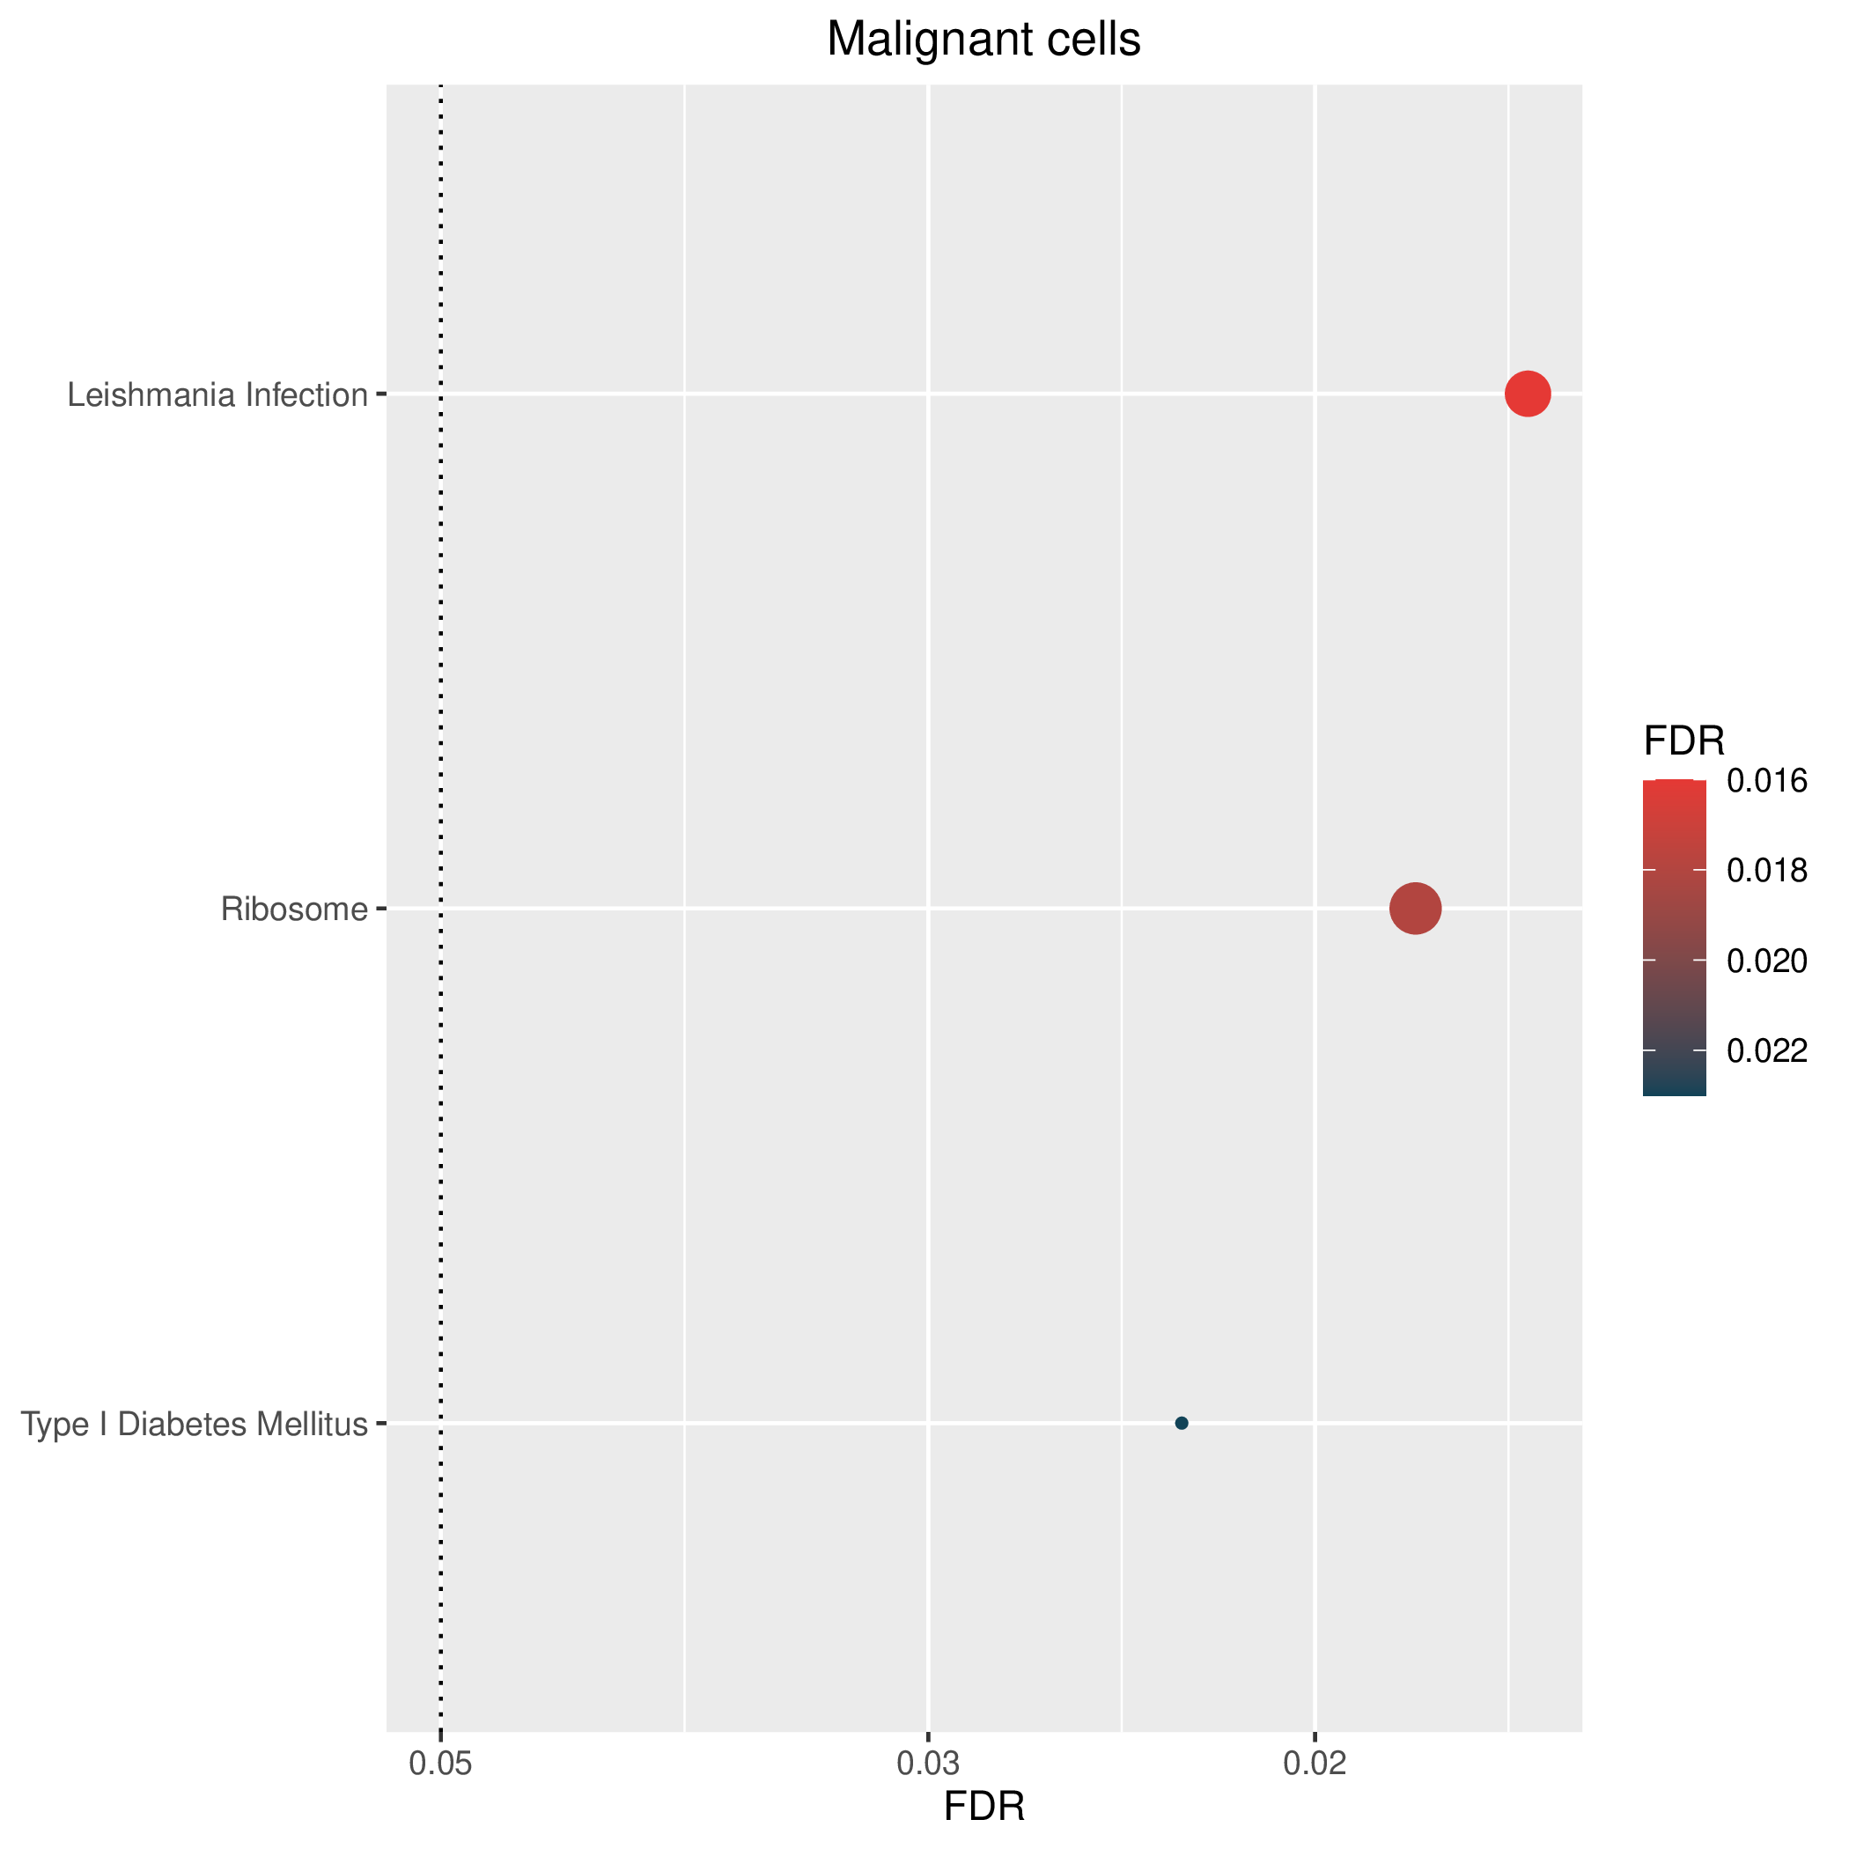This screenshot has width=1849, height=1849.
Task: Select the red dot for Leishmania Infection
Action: pyautogui.click(x=1528, y=394)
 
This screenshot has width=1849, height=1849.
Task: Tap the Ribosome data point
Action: pyautogui.click(x=1416, y=909)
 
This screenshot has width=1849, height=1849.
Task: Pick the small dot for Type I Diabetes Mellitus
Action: pyautogui.click(x=1181, y=1423)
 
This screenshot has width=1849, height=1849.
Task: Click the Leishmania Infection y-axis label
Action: pyautogui.click(x=217, y=394)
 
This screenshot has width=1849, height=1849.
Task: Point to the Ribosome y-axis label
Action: pyautogui.click(x=294, y=910)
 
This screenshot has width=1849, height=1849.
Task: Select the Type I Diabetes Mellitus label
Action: pyautogui.click(x=195, y=1424)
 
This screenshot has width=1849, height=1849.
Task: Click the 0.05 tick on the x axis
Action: pyautogui.click(x=440, y=1764)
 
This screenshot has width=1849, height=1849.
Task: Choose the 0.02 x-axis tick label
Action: pyautogui.click(x=1315, y=1764)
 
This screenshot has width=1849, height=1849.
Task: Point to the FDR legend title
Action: pyautogui.click(x=1684, y=740)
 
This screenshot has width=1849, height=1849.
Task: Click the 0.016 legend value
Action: pyautogui.click(x=1767, y=781)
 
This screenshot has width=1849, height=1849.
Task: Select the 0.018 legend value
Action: pyautogui.click(x=1767, y=870)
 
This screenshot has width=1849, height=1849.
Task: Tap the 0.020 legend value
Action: pyautogui.click(x=1767, y=961)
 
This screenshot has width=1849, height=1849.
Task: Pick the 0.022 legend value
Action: pyautogui.click(x=1767, y=1050)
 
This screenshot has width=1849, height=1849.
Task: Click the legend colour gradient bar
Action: pyautogui.click(x=1675, y=938)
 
